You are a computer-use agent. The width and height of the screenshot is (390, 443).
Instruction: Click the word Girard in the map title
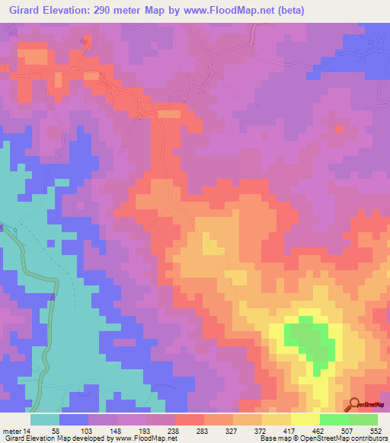point(24,11)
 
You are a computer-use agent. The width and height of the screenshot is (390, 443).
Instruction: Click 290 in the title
point(107,11)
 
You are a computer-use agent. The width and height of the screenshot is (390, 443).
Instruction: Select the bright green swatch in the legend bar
point(334,419)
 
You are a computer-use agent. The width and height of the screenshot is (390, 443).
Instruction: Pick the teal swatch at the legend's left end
point(45,419)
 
